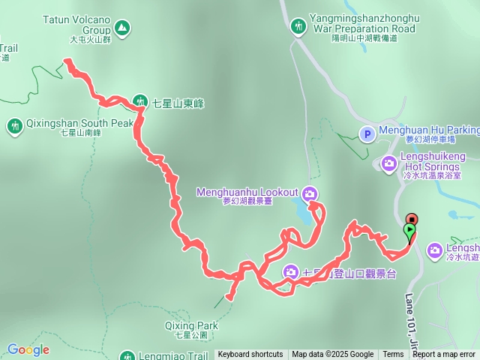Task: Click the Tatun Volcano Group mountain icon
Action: [122, 28]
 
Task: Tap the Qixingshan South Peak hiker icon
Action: [15, 125]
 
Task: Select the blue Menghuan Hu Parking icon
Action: [367, 134]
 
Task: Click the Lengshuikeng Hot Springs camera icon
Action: [389, 163]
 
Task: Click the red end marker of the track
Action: [411, 220]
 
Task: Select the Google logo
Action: [28, 349]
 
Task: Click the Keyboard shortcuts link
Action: [250, 355]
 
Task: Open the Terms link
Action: [393, 355]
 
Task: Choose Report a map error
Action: [444, 355]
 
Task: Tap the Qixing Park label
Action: [192, 326]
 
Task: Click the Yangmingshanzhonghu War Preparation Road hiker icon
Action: [299, 27]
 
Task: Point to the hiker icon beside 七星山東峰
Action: [139, 101]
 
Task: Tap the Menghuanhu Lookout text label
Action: [247, 193]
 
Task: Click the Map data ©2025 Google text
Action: [333, 355]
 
